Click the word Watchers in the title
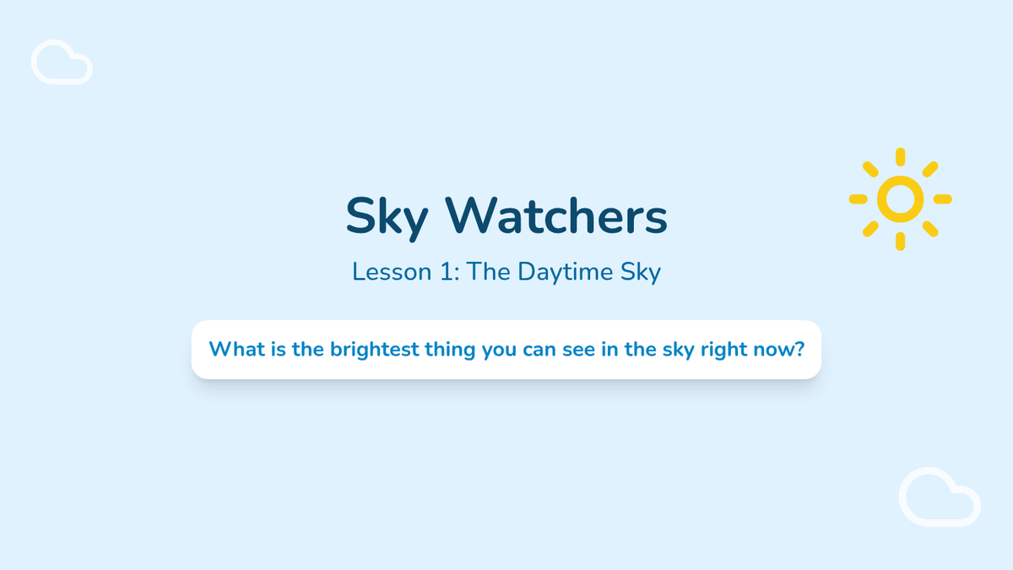click(556, 216)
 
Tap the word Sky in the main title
click(387, 219)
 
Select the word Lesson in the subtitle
click(392, 271)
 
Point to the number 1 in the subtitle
click(447, 271)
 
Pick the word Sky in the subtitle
click(641, 272)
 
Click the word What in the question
click(237, 350)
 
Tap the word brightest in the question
click(375, 350)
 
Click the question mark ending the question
click(799, 350)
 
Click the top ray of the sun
click(901, 156)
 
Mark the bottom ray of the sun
click(901, 242)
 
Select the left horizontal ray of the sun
click(858, 199)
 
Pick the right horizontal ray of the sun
click(942, 199)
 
